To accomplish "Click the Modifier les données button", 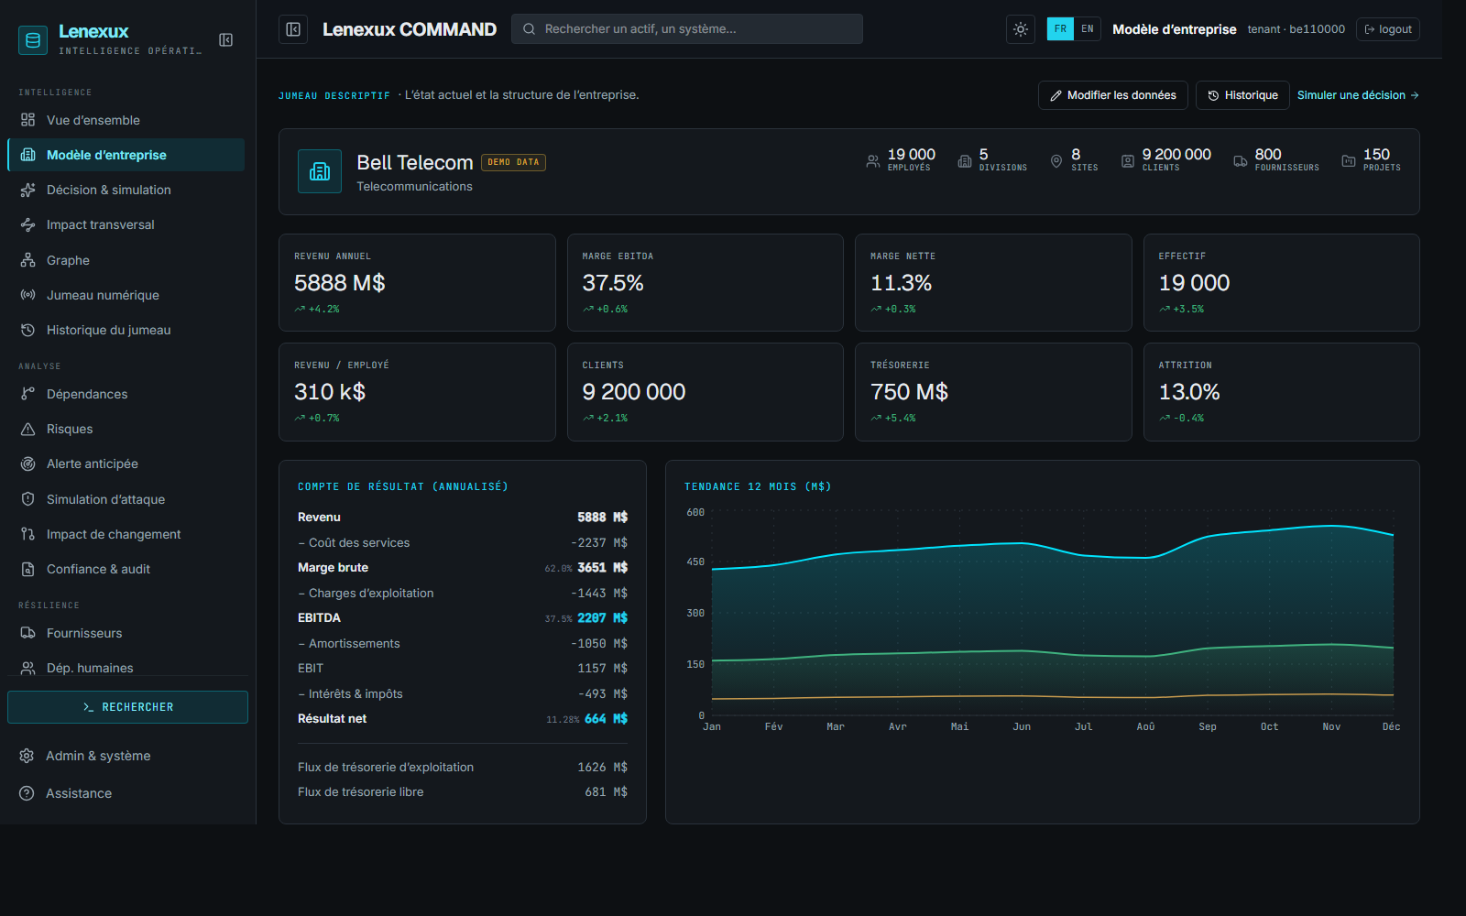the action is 1112,95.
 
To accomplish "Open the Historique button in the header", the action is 1242,95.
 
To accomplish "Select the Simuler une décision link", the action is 1358,95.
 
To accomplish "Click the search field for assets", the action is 686,28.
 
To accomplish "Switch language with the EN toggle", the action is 1087,28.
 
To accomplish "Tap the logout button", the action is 1388,29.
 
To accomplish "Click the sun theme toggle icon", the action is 1021,29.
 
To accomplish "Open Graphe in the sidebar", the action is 68,260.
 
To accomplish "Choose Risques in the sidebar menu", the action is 70,430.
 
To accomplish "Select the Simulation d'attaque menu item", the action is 105,499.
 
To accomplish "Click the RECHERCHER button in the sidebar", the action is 127,707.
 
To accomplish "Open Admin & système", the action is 98,756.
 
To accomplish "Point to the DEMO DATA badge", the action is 513,162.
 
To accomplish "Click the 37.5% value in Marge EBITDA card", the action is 613,283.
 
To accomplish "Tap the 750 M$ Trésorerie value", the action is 909,392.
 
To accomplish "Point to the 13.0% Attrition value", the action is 1189,392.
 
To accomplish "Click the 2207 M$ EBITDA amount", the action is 602,617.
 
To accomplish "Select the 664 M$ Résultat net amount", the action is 606,718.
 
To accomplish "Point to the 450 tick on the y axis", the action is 695,562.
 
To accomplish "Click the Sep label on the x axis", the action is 1208,727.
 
